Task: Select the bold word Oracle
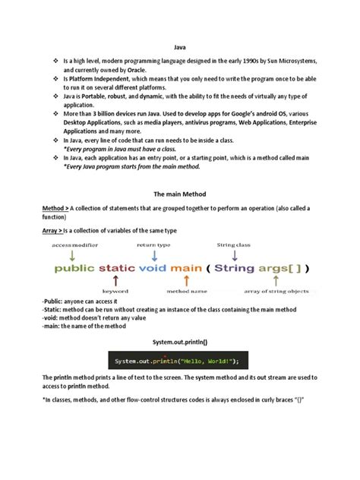(136, 70)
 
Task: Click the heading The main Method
(179, 194)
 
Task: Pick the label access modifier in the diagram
(76, 245)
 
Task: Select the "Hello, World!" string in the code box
(207, 361)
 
